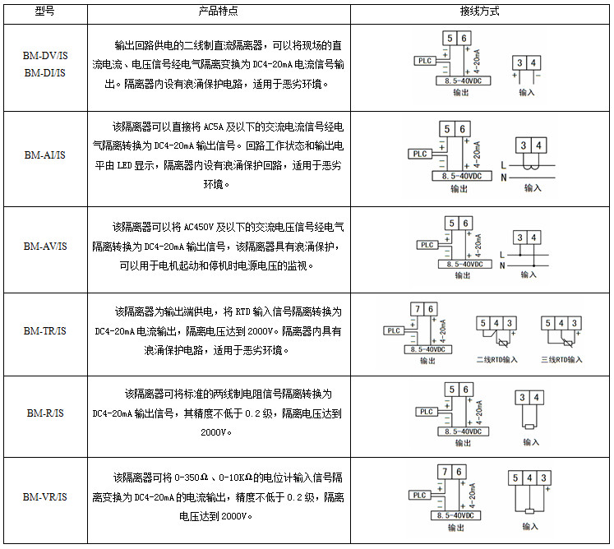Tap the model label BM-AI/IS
(44, 155)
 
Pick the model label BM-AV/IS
(44, 246)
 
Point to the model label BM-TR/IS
(44, 330)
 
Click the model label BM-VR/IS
(44, 497)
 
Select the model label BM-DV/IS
(44, 55)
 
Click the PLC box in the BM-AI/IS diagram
(420, 154)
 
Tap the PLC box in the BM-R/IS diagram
(426, 412)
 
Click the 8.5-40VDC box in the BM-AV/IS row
(461, 265)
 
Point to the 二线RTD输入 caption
(497, 359)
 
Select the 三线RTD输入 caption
(562, 359)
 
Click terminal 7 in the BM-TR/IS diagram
(419, 309)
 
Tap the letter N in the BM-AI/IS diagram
(502, 178)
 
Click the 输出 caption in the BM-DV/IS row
(460, 93)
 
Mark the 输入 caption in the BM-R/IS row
(530, 442)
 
